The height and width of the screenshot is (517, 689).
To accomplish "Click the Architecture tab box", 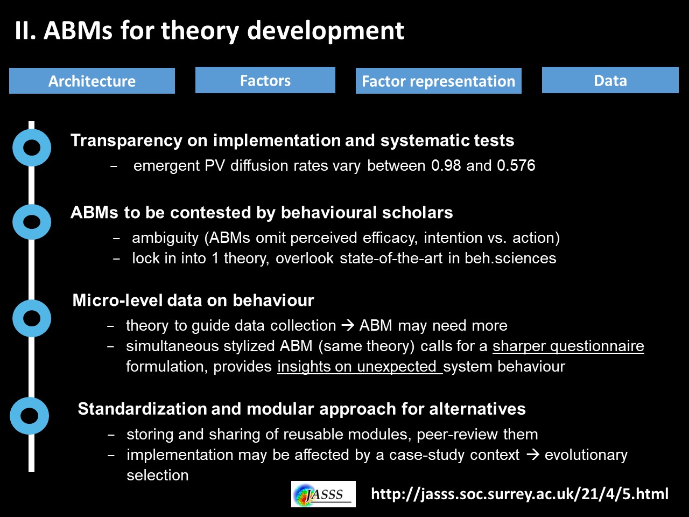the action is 92,81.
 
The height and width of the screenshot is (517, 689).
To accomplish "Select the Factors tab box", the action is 265,80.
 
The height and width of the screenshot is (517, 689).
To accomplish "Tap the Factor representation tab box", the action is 439,81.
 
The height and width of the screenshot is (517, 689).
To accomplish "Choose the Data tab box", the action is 610,80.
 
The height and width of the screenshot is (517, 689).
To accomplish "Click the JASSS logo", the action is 324,494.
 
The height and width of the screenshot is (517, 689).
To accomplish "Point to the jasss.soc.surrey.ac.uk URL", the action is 520,494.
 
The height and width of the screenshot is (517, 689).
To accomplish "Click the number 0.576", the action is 516,165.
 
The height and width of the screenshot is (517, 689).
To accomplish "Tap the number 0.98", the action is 446,165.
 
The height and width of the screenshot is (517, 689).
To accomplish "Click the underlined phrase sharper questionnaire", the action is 568,346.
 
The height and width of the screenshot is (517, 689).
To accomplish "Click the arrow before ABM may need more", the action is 348,325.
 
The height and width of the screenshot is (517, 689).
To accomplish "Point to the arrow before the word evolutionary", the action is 533,455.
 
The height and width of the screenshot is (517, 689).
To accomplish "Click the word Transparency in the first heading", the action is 126,141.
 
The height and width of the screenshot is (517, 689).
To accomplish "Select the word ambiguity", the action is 165,238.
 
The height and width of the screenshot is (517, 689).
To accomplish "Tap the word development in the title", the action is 326,31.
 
